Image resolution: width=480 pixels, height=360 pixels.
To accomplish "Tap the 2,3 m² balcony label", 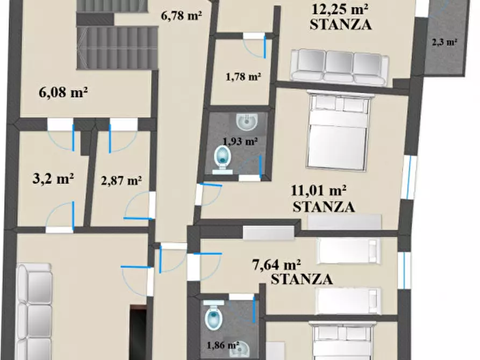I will [x=444, y=41].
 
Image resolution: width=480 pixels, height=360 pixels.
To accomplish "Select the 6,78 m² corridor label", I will [x=181, y=16].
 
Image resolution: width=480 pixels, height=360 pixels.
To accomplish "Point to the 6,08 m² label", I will [x=63, y=92].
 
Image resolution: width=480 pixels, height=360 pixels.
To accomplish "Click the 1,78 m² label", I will [x=243, y=76].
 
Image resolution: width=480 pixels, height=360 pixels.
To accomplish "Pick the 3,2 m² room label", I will [x=53, y=178].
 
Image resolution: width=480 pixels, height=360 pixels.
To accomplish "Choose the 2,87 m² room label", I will [x=121, y=180].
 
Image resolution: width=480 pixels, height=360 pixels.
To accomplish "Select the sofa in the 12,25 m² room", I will [x=339, y=67].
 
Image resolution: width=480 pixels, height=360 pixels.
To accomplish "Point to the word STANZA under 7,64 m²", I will [x=302, y=279].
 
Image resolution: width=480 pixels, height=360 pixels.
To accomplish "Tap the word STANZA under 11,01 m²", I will [x=324, y=206].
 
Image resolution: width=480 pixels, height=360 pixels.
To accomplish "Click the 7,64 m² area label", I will [x=276, y=264].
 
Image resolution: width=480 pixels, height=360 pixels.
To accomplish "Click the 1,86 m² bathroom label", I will [x=222, y=345].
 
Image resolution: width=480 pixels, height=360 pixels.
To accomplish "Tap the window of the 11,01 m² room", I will [x=411, y=177].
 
